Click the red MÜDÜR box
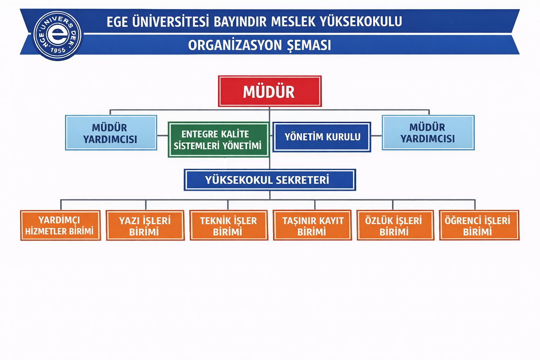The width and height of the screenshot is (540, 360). [270, 91]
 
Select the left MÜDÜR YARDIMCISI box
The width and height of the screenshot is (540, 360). [111, 133]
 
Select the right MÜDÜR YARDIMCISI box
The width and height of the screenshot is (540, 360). [428, 133]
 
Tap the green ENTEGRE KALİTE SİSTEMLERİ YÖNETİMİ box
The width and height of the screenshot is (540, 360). [218, 140]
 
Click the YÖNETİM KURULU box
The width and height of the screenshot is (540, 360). [322, 137]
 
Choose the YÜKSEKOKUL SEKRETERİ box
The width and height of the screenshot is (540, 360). [270, 180]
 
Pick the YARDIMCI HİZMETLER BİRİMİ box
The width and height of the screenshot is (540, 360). [60, 225]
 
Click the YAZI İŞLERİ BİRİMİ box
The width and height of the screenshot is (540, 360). [145, 225]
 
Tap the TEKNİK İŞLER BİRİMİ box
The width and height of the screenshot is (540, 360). [229, 225]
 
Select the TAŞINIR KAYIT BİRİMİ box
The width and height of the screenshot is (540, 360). [313, 225]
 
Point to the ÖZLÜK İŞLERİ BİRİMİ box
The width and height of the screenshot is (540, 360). [396, 225]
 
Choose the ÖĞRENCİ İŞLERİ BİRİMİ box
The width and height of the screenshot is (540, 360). [479, 225]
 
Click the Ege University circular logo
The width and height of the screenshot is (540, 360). [57, 35]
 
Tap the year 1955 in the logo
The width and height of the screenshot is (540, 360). [58, 50]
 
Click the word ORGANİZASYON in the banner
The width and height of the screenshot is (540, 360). [235, 45]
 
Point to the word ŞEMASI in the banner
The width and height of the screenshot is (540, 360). [309, 45]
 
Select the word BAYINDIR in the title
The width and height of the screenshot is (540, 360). [240, 21]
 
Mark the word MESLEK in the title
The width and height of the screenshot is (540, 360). [293, 21]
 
